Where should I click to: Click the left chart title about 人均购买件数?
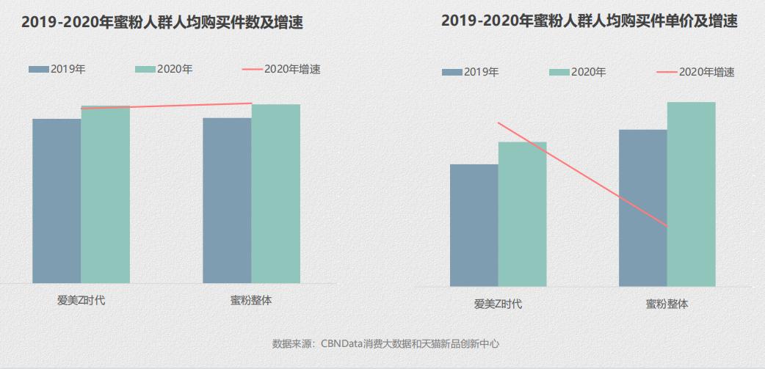(162, 23)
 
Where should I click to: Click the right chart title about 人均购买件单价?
(590, 21)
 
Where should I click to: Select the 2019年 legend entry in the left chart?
(57, 69)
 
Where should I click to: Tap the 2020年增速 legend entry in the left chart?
(281, 69)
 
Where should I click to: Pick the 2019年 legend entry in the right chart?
(471, 72)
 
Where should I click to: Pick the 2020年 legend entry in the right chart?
(577, 72)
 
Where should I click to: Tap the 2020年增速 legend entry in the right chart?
(695, 72)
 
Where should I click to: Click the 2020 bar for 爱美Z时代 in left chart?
(105, 195)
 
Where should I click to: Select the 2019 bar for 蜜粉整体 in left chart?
(227, 200)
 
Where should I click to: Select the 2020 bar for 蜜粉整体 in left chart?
(275, 194)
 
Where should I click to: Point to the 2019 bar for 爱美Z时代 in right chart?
(474, 225)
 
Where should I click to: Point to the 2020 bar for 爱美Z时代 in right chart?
(522, 214)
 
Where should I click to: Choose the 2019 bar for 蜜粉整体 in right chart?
(642, 208)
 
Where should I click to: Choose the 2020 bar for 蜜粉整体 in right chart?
(691, 194)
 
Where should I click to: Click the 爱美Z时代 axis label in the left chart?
(81, 301)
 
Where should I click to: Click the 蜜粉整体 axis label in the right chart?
(667, 304)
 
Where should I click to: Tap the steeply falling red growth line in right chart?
(582, 175)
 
